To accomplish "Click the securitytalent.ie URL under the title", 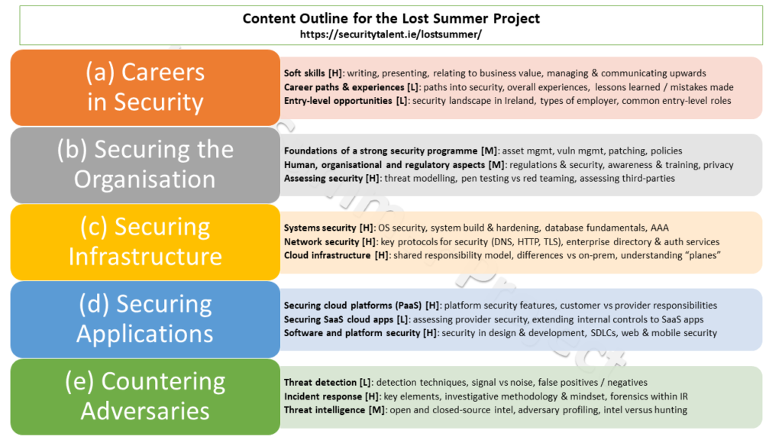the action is pos(390,34).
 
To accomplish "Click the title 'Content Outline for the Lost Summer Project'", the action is pos(391,18).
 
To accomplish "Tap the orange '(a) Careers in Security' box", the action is pos(145,87).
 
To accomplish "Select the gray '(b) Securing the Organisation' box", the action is pos(145,165).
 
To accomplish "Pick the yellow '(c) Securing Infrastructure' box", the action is pos(145,242).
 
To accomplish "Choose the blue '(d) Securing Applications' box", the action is pos(145,319).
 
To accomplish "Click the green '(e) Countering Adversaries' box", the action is pos(145,396).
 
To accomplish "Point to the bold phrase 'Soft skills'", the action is pos(304,73).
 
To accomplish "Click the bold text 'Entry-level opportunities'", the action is pos(338,101).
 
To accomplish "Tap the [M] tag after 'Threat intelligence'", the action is pos(376,410).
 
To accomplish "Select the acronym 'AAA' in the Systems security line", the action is pos(659,228).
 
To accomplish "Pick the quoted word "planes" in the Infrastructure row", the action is pos(703,255).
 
